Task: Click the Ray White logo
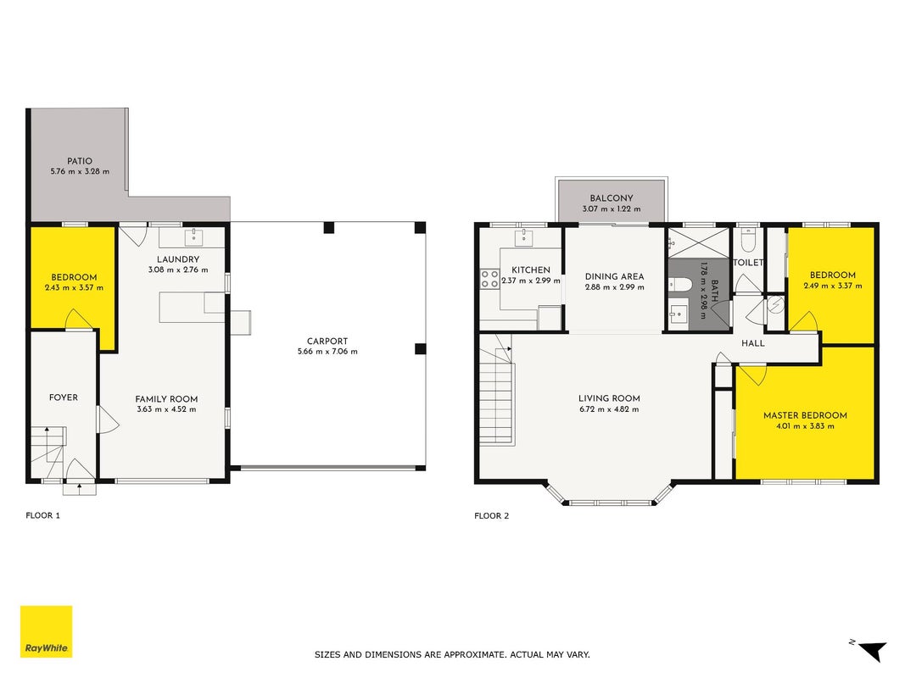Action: pos(46,631)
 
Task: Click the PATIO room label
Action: pos(80,161)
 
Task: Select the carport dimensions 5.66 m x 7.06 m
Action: pos(327,352)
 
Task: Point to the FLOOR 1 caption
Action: pos(42,515)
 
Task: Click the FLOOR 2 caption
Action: pos(492,516)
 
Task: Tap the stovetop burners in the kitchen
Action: pos(490,279)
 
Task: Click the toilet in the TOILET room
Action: pos(747,241)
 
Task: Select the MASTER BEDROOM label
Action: pos(805,415)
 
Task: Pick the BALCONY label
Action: pos(612,197)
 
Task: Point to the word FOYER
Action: pos(64,397)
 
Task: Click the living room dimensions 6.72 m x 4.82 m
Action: pos(609,409)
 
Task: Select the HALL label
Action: pos(752,343)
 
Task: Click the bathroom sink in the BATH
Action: pos(679,314)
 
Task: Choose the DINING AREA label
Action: pos(614,277)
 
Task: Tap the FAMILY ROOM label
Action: pos(166,399)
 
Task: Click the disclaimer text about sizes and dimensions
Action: pos(452,654)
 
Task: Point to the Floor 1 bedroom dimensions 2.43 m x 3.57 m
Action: pos(74,287)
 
